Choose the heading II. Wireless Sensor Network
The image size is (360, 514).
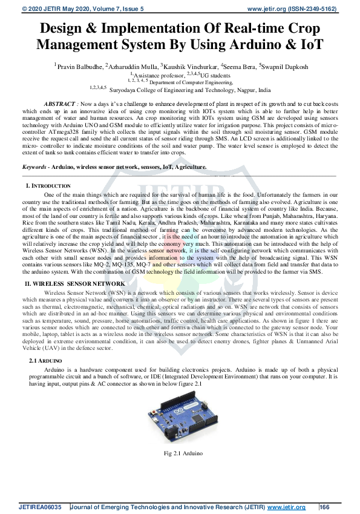pos(75,283)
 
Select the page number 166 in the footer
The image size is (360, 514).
pos(324,507)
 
